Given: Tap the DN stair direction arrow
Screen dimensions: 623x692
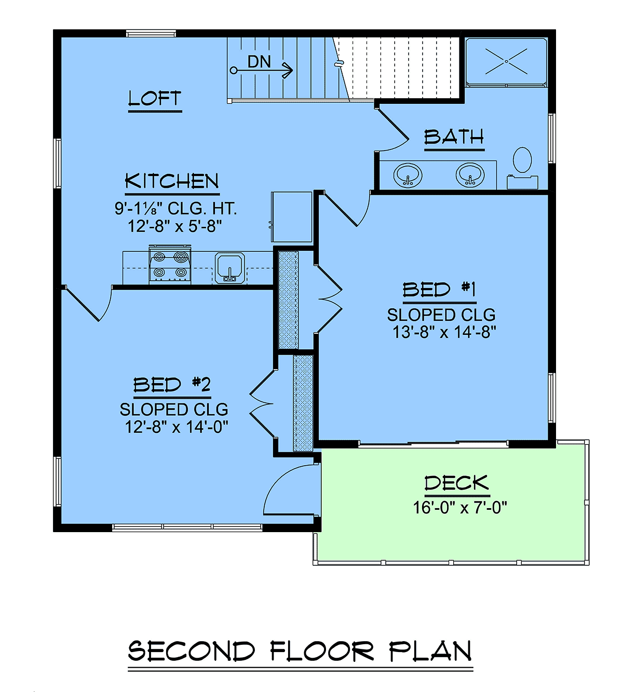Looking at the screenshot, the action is tap(262, 71).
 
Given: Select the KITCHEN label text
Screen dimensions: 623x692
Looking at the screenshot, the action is tap(172, 181).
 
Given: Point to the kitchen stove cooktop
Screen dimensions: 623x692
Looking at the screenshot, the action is tap(170, 265).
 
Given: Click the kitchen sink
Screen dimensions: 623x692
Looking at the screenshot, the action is tap(230, 268).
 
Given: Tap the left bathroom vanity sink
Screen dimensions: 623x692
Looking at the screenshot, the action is tap(408, 175).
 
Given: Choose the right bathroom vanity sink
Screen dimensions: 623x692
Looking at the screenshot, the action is tap(470, 175).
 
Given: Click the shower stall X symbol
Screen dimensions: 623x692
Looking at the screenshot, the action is tap(506, 61).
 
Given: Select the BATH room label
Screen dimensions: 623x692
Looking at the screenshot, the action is tap(454, 137).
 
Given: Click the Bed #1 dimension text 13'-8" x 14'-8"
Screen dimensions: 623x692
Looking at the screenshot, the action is tap(444, 332).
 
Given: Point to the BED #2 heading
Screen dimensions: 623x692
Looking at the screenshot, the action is tap(172, 384).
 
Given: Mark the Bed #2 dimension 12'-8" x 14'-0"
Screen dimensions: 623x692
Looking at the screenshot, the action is tap(177, 427).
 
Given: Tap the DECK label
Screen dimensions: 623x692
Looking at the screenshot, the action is tap(457, 483).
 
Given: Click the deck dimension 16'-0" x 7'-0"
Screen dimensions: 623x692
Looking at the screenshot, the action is tap(460, 507).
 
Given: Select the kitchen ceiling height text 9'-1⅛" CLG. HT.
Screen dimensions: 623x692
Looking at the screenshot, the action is tap(175, 208).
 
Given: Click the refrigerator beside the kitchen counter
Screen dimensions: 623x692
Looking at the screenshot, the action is tap(292, 216).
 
